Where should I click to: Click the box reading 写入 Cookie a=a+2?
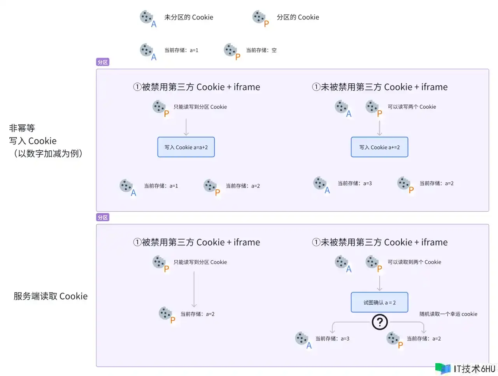pos(186,147)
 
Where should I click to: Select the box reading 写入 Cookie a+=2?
pos(379,147)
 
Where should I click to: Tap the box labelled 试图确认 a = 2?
pos(379,302)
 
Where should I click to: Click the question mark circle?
pos(380,322)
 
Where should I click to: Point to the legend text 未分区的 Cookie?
pos(189,17)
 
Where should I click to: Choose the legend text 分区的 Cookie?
pos(298,17)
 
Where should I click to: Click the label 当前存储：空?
pos(261,50)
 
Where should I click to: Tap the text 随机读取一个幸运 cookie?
pos(448,314)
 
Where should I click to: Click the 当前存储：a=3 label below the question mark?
pos(332,339)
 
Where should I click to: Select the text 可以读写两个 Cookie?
pos(412,107)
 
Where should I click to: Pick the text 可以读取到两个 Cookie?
pos(414,262)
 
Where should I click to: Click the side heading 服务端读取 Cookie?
pos(51,296)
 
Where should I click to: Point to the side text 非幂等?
pos(22,128)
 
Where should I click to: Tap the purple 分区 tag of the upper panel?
pos(103,62)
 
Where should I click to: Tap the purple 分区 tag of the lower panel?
pos(103,217)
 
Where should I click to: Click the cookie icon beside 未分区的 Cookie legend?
pos(146,17)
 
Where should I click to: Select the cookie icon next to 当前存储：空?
pos(230,50)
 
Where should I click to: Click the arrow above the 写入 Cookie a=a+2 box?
pos(186,127)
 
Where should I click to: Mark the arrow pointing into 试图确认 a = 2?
pos(379,283)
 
